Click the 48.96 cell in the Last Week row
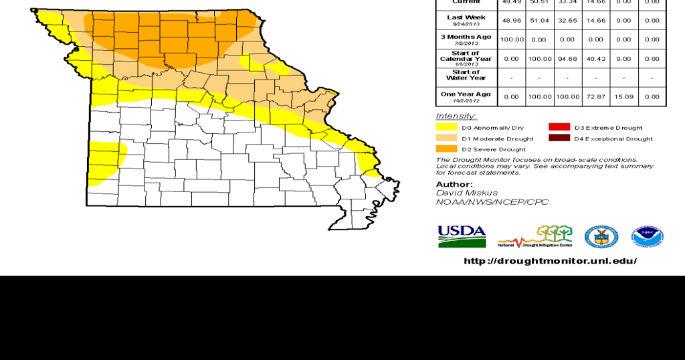(511, 20)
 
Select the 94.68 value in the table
(567, 59)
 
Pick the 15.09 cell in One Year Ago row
(623, 97)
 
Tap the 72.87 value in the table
(595, 97)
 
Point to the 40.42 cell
(595, 59)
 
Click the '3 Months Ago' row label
(466, 39)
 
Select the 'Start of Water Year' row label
(466, 75)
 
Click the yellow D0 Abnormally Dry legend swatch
(446, 127)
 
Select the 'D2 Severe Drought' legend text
(493, 149)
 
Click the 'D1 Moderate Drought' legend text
(497, 139)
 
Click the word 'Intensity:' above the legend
(451, 116)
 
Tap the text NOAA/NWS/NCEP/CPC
(492, 201)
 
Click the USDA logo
(462, 236)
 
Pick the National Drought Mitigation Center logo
(534, 237)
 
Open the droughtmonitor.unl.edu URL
(550, 261)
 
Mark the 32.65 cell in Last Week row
(567, 20)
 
